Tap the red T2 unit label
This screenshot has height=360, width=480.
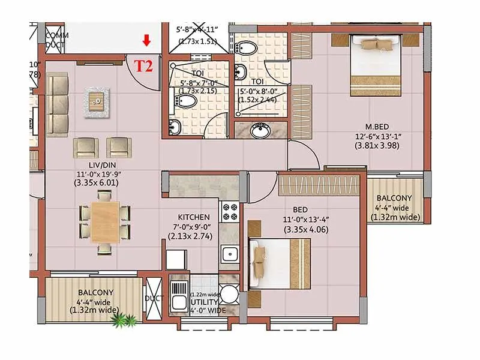click(143, 65)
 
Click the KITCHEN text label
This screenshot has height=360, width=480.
click(193, 217)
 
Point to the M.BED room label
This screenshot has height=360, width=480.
click(379, 127)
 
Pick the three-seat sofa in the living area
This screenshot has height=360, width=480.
click(58, 103)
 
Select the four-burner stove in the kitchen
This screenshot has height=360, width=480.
click(230, 211)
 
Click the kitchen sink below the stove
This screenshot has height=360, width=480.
click(229, 254)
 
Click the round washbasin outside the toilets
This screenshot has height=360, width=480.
click(260, 130)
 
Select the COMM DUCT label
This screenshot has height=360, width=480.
click(57, 40)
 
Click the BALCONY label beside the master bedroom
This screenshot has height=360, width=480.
click(394, 199)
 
